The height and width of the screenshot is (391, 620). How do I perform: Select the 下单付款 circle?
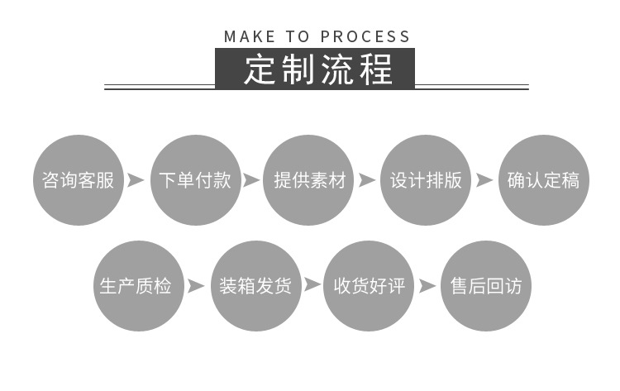(x=194, y=180)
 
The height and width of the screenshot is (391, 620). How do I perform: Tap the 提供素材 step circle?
(x=309, y=180)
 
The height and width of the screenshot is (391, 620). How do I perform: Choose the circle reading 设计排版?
(x=426, y=180)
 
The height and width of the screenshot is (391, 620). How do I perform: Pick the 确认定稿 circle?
(x=543, y=180)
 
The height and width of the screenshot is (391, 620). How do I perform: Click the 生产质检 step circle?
(x=136, y=286)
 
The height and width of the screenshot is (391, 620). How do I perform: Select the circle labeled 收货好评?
(x=368, y=286)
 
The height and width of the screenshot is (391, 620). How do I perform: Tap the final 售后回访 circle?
(x=485, y=286)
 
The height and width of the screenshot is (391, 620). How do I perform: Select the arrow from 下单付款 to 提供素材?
(x=251, y=180)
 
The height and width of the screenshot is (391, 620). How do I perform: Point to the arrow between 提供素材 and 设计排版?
(x=367, y=180)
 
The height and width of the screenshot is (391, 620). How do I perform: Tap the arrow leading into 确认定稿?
(x=484, y=180)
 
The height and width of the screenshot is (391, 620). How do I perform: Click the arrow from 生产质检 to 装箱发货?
(x=196, y=286)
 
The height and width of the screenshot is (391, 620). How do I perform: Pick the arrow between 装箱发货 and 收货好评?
(x=312, y=286)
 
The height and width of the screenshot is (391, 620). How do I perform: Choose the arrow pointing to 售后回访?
(x=427, y=286)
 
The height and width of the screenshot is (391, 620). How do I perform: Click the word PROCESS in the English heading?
(x=365, y=36)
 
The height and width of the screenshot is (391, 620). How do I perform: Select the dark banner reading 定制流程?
(x=315, y=69)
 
